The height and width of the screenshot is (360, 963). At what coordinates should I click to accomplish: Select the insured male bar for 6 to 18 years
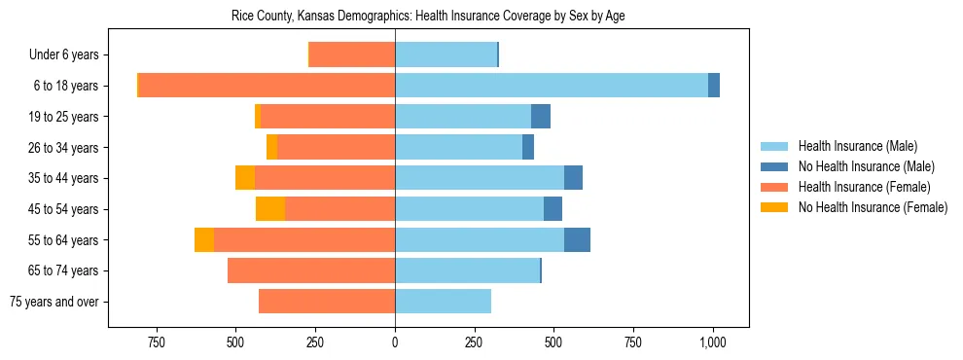(551, 86)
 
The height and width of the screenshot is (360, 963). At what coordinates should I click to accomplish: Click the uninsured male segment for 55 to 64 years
(577, 239)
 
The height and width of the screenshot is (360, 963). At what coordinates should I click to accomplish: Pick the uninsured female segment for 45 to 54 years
(270, 209)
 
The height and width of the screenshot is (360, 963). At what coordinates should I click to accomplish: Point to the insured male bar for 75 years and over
(443, 302)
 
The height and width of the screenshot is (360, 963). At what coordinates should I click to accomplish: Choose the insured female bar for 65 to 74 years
(311, 270)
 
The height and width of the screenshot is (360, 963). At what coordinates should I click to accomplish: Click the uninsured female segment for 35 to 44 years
(245, 178)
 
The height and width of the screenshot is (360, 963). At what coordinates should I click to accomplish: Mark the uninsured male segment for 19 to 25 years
(541, 117)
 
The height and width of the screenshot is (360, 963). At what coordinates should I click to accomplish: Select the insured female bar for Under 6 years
(352, 55)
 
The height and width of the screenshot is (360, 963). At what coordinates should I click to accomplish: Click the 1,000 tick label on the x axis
(713, 342)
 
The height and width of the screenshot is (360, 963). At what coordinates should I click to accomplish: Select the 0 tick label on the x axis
(395, 342)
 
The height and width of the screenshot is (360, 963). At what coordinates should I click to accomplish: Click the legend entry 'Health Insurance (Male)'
(857, 146)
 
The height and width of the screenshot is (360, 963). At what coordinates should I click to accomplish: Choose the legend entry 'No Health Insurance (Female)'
(873, 207)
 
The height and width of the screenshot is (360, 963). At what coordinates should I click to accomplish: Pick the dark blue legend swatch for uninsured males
(775, 166)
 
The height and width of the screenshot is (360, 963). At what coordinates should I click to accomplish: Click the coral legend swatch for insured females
(775, 187)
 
